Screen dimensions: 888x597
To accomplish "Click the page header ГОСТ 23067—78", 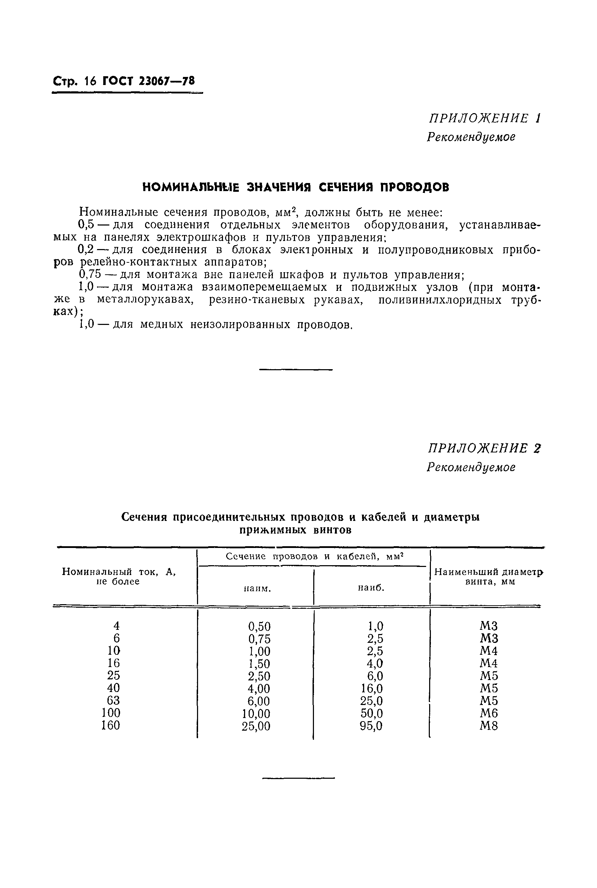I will [149, 81].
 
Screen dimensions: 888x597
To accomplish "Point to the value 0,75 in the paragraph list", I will [90, 275].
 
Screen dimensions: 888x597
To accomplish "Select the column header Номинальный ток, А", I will [119, 572].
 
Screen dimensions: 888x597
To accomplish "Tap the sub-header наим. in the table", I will [257, 589].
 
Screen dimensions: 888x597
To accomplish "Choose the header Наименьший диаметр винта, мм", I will [489, 576].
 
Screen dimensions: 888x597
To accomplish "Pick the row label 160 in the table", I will [110, 725].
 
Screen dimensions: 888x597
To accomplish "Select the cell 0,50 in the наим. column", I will [259, 626].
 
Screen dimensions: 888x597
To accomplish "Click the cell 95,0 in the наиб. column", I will [371, 726].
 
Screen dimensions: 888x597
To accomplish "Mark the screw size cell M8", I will [488, 726].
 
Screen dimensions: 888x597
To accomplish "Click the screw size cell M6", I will [488, 713].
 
